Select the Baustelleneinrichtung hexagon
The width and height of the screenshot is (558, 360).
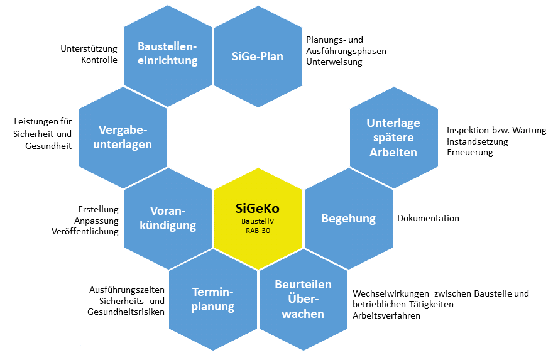(x=168, y=54)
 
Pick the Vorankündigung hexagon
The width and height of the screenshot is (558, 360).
(x=168, y=217)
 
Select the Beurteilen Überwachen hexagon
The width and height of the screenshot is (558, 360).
(x=303, y=299)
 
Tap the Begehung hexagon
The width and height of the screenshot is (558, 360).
(x=348, y=218)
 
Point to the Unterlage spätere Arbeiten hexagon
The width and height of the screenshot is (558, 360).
(x=393, y=137)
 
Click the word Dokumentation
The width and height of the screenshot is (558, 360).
(x=428, y=218)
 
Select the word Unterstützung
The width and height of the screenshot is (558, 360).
(x=89, y=48)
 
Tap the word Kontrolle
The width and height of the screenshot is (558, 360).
(x=99, y=60)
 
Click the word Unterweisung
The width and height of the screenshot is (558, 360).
(x=334, y=62)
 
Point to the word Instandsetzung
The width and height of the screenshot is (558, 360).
(x=478, y=141)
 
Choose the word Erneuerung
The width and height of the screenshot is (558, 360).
(x=469, y=153)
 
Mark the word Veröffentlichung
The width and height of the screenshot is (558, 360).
(x=85, y=231)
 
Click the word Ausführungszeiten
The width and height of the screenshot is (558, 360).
(x=128, y=290)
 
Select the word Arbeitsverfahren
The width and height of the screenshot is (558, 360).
(x=386, y=316)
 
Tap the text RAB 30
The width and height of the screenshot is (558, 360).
(x=258, y=231)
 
